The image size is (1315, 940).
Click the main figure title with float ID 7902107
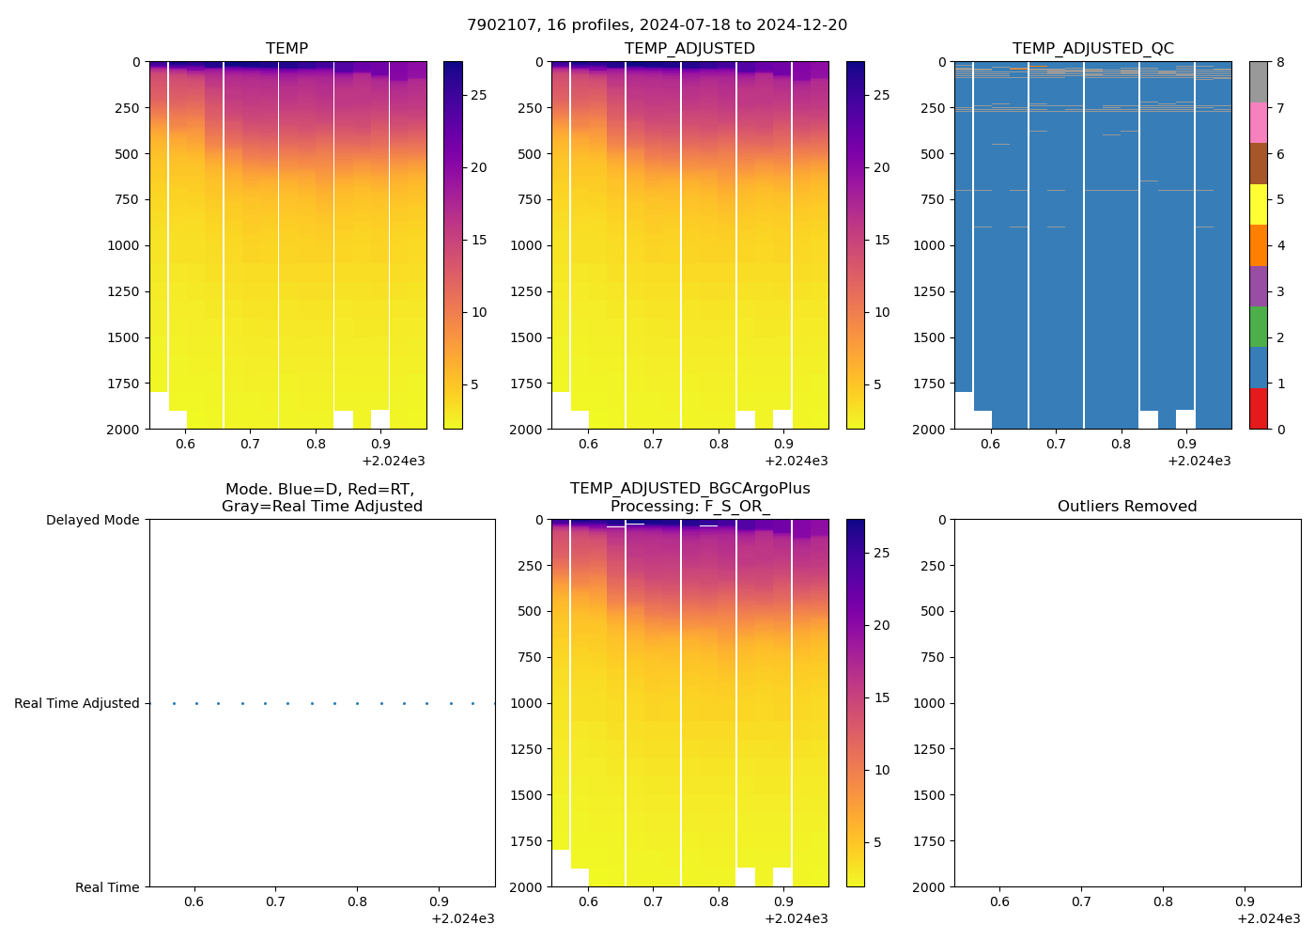click(657, 25)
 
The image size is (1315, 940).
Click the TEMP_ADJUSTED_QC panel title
click(1092, 49)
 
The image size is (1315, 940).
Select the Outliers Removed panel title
click(1127, 507)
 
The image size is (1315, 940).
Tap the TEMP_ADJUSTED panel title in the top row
click(689, 49)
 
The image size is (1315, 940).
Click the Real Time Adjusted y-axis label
click(77, 703)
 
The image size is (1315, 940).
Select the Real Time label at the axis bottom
click(107, 887)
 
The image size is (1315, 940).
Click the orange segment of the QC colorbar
click(1258, 245)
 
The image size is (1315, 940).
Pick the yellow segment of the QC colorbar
click(1258, 204)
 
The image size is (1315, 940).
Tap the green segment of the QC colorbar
click(1258, 327)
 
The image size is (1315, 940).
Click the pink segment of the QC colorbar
click(1258, 122)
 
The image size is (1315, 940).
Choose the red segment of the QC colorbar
click(1258, 409)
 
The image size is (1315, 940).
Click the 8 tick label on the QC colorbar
click(1280, 63)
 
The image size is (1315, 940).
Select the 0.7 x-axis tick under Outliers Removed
click(1081, 901)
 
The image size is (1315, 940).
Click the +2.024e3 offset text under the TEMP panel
click(393, 461)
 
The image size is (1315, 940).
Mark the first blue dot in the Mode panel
click(174, 703)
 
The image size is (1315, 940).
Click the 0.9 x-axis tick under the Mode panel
click(438, 901)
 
